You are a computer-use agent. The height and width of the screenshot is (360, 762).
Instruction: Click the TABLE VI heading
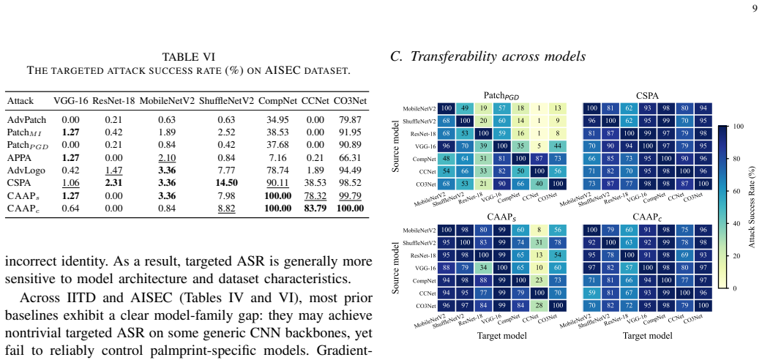click(x=188, y=57)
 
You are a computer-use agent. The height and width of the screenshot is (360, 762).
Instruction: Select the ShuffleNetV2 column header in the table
click(x=226, y=101)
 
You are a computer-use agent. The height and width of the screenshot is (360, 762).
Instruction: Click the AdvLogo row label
click(x=23, y=170)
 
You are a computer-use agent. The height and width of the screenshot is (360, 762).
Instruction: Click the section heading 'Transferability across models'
click(x=498, y=57)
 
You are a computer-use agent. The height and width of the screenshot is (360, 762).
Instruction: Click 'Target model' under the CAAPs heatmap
click(x=501, y=336)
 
